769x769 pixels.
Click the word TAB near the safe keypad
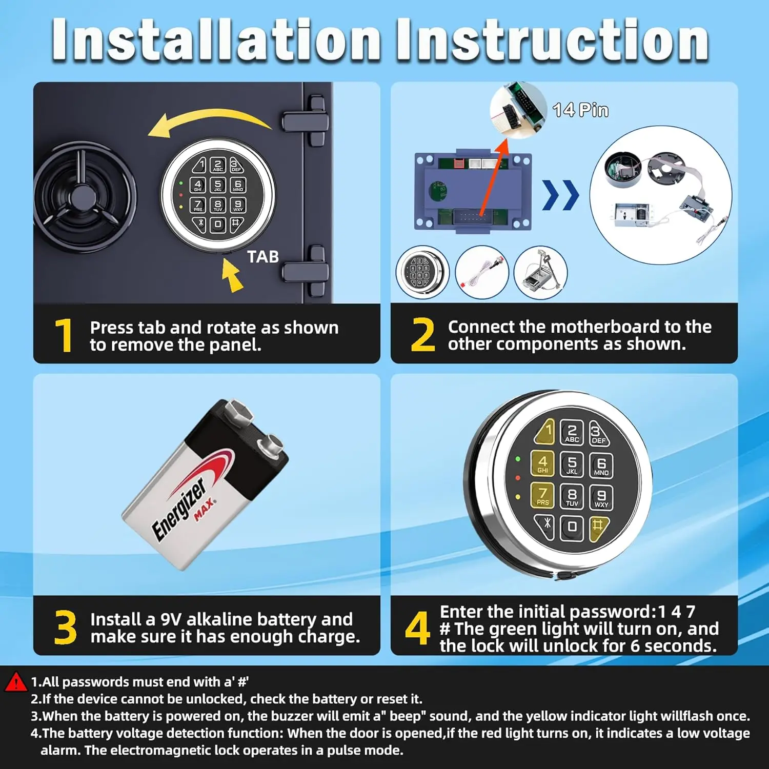[263, 256]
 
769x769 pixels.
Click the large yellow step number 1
[64, 335]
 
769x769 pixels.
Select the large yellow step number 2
[423, 335]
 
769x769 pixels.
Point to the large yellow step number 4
[417, 628]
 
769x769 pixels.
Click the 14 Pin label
[580, 110]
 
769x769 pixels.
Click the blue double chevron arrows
[561, 195]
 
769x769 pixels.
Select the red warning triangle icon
[16, 682]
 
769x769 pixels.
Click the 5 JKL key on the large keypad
[572, 464]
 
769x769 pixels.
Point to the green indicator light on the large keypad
[518, 459]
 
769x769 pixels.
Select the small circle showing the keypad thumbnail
[422, 272]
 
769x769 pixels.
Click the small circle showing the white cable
[481, 272]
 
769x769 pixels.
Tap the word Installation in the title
[216, 39]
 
